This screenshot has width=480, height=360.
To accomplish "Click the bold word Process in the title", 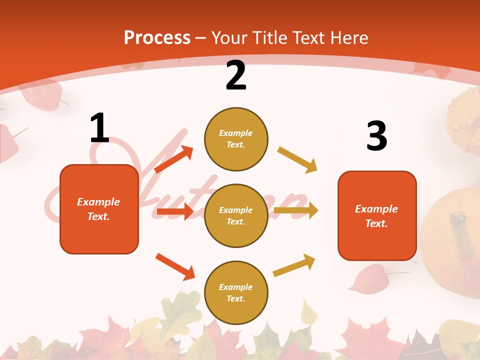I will coord(157,37).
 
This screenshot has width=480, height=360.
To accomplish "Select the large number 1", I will coord(99,128).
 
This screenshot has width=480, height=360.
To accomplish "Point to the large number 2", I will coord(236,75).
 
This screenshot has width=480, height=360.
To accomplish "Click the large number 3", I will coord(376,136).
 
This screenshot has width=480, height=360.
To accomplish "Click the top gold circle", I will coord(236,139).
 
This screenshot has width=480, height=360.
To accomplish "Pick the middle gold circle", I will coord(236,215).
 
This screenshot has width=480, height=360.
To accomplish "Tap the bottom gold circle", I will coord(236,292).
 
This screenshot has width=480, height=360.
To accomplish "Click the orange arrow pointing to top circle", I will coord(173,159).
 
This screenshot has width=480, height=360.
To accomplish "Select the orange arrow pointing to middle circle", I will coord(174,211).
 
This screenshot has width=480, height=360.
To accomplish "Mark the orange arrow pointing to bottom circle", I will coord(175,266).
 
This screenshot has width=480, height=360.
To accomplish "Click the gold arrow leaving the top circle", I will coord(297,160).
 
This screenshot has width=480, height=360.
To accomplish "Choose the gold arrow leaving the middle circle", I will coord(295,210).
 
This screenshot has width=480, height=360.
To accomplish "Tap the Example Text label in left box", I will coord(98,209).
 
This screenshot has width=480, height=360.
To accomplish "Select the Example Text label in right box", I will coord(376,216).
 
